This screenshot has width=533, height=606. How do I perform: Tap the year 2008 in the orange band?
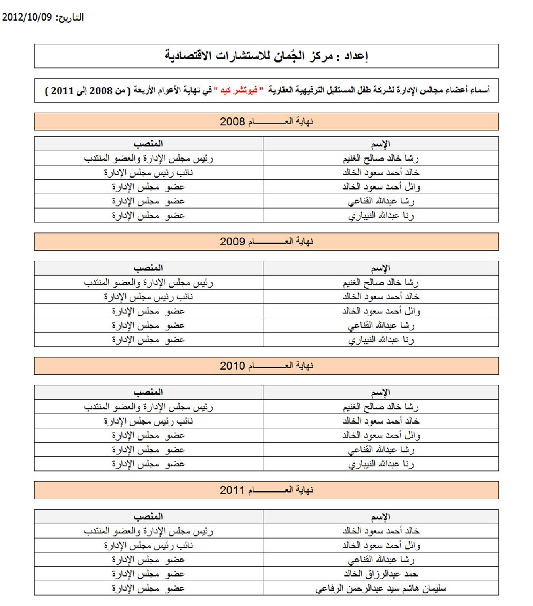tap(232, 122)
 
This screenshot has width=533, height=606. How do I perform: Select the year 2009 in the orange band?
tap(232, 242)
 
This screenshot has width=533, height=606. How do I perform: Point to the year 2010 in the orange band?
tap(232, 366)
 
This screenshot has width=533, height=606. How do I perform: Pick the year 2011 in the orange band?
tap(232, 490)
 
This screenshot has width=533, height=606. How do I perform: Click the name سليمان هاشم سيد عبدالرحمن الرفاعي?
tap(381, 589)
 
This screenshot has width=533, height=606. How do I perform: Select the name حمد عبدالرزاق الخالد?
tap(381, 574)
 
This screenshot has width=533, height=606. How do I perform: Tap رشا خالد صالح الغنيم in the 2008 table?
tap(381, 158)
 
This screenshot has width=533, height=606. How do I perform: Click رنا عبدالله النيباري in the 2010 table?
tap(381, 464)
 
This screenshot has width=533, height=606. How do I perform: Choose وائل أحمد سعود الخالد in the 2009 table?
tap(381, 311)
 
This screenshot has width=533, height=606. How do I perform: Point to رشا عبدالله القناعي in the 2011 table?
tap(381, 560)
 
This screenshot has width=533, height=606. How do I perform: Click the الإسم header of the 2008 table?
tap(381, 144)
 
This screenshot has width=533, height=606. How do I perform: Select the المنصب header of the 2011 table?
tap(148, 516)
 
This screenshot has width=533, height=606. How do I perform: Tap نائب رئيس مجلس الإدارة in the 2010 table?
tap(148, 421)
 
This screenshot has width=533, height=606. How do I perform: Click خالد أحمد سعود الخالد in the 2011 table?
tap(381, 531)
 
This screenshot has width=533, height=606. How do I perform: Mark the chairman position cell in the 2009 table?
tap(148, 283)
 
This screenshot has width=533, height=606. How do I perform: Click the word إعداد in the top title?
tap(356, 56)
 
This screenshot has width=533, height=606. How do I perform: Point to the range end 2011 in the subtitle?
tap(63, 91)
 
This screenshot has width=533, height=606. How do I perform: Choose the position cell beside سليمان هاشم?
tap(148, 589)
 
